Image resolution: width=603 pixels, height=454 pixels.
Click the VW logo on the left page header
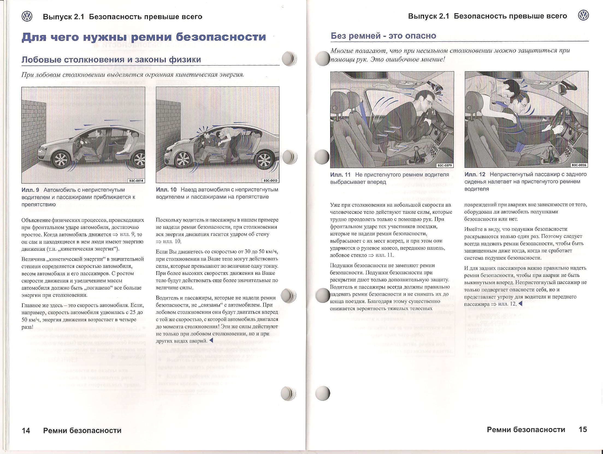coord(27,17)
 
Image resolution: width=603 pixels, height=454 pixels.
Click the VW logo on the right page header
coord(583,16)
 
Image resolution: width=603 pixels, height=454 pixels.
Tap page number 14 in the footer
coord(26,431)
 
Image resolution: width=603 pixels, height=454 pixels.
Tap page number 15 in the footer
coord(583,430)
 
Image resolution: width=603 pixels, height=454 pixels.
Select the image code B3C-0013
coord(270,181)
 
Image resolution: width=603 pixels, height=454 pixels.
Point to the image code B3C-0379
coord(445,165)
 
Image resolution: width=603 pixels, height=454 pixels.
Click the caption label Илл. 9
coord(30,190)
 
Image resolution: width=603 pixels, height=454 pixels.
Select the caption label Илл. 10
coord(166,190)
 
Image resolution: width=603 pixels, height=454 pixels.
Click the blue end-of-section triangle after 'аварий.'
coord(211,341)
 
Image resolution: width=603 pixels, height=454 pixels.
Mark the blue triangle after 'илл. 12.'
coord(520,304)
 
